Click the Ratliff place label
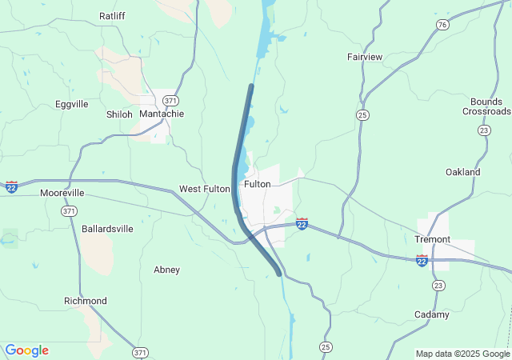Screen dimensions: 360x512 (x=112, y=15)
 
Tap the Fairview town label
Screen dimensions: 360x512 (x=365, y=57)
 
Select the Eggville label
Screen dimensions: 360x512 (x=72, y=104)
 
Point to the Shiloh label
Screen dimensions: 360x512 (x=119, y=114)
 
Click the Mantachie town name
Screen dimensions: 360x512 (x=162, y=114)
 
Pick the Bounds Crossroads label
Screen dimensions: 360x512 (x=486, y=106)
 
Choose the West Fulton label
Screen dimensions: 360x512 (x=204, y=189)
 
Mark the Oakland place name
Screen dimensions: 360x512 (x=463, y=172)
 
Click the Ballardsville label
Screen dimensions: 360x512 (x=107, y=229)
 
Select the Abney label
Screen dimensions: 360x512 (x=166, y=270)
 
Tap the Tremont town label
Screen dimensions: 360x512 (x=433, y=239)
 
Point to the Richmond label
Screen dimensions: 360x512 (x=86, y=301)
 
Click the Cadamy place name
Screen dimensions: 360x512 (x=432, y=314)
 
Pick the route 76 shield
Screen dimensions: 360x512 (x=442, y=25)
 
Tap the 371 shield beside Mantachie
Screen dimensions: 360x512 (x=170, y=100)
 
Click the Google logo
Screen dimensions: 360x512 (x=26, y=350)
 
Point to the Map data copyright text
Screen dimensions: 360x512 (x=462, y=354)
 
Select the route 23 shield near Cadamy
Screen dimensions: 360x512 (x=438, y=286)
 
